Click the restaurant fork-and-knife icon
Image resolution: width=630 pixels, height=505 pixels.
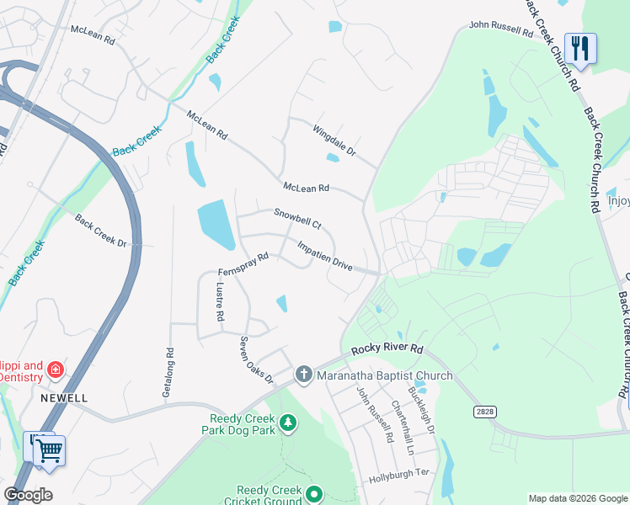579,47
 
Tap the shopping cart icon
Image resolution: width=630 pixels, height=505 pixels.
49,449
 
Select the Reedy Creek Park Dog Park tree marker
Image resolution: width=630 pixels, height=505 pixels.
288,421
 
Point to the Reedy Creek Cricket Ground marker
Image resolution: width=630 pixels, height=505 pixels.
315,494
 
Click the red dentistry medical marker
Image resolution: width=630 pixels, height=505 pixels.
56,369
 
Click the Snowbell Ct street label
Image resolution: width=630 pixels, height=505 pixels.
298,220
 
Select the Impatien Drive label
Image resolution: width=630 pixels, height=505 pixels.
325,255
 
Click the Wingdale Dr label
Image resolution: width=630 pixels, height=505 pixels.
334,142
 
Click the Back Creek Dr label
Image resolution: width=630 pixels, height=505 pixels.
100,231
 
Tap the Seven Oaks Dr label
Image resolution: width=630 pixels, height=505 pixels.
257,360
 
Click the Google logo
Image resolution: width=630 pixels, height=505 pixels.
28,495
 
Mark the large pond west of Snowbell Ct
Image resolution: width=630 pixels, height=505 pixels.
216,224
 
